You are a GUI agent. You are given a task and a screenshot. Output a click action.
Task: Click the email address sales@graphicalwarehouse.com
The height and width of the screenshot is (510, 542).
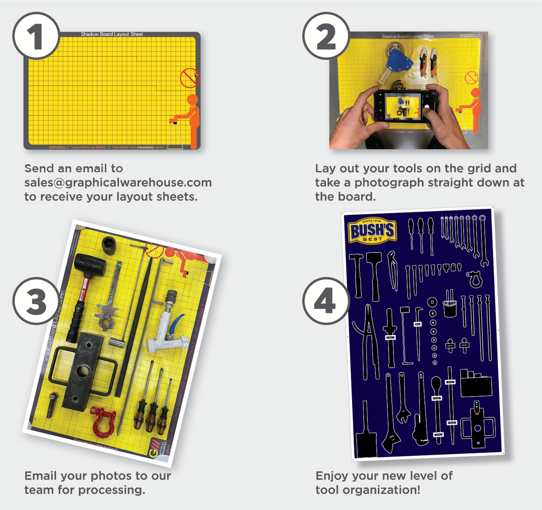[x=118, y=182]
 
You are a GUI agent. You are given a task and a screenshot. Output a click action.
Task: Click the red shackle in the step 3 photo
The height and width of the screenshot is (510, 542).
[x=103, y=419]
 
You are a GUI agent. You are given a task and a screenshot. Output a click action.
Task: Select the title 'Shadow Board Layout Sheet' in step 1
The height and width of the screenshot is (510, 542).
[x=112, y=34]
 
